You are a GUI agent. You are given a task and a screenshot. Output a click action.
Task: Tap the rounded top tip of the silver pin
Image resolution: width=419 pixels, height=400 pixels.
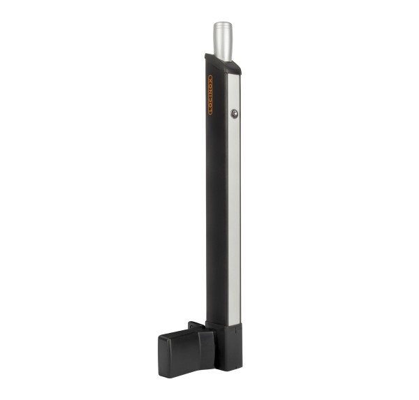[223, 24]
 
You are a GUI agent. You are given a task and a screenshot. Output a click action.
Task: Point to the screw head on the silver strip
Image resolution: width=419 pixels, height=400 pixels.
[235, 114]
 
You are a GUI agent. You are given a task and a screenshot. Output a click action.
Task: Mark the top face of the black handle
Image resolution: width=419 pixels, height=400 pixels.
[178, 334]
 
